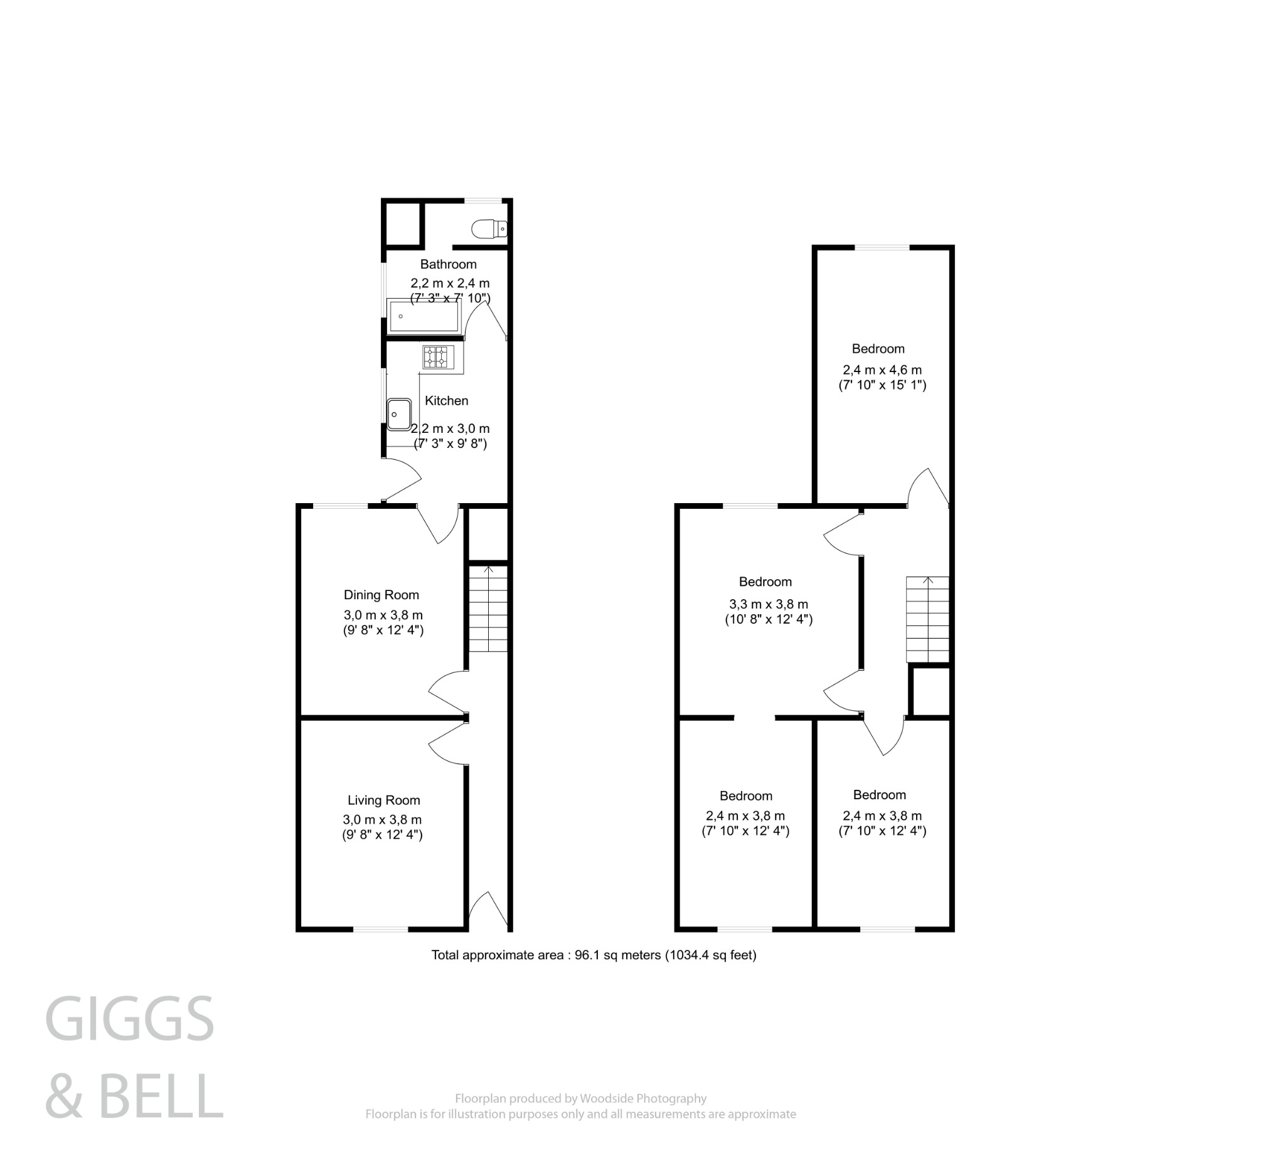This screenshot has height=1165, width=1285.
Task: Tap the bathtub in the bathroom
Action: pyautogui.click(x=424, y=316)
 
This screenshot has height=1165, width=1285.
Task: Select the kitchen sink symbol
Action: pyautogui.click(x=398, y=414)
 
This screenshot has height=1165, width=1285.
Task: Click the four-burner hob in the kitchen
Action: pyautogui.click(x=439, y=357)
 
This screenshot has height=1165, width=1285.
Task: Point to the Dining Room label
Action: pyautogui.click(x=381, y=595)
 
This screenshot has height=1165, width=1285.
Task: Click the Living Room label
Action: pyautogui.click(x=383, y=800)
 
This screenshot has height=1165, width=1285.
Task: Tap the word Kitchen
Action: pyautogui.click(x=446, y=400)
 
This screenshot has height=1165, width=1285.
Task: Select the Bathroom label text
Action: pyautogui.click(x=448, y=264)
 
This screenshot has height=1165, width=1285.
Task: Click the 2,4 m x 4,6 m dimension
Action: pyautogui.click(x=882, y=370)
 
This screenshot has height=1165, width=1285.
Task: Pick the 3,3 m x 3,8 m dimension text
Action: pyautogui.click(x=768, y=604)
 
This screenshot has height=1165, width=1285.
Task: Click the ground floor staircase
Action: pyautogui.click(x=488, y=609)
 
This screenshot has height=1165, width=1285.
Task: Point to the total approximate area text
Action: pyautogui.click(x=594, y=955)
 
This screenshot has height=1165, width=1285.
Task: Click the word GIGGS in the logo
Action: pyautogui.click(x=129, y=1019)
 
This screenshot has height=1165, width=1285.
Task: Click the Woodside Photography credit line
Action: pyautogui.click(x=580, y=1098)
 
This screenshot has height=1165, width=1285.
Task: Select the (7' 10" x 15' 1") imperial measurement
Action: pyautogui.click(x=882, y=385)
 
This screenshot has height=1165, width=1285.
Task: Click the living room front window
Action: pyautogui.click(x=380, y=929)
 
